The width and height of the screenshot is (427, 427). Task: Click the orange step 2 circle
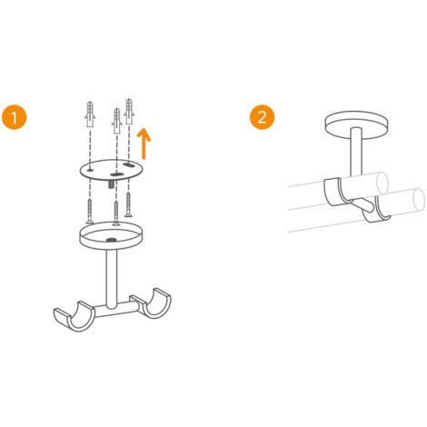pyautogui.click(x=261, y=118)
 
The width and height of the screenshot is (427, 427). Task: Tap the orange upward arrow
pyautogui.click(x=143, y=143)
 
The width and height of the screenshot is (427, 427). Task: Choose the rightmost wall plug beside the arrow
pyautogui.click(x=129, y=113)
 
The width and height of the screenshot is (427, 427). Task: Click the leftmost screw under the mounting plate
pyautogui.click(x=89, y=210)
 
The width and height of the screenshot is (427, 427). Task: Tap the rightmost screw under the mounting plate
pyautogui.click(x=129, y=202)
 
